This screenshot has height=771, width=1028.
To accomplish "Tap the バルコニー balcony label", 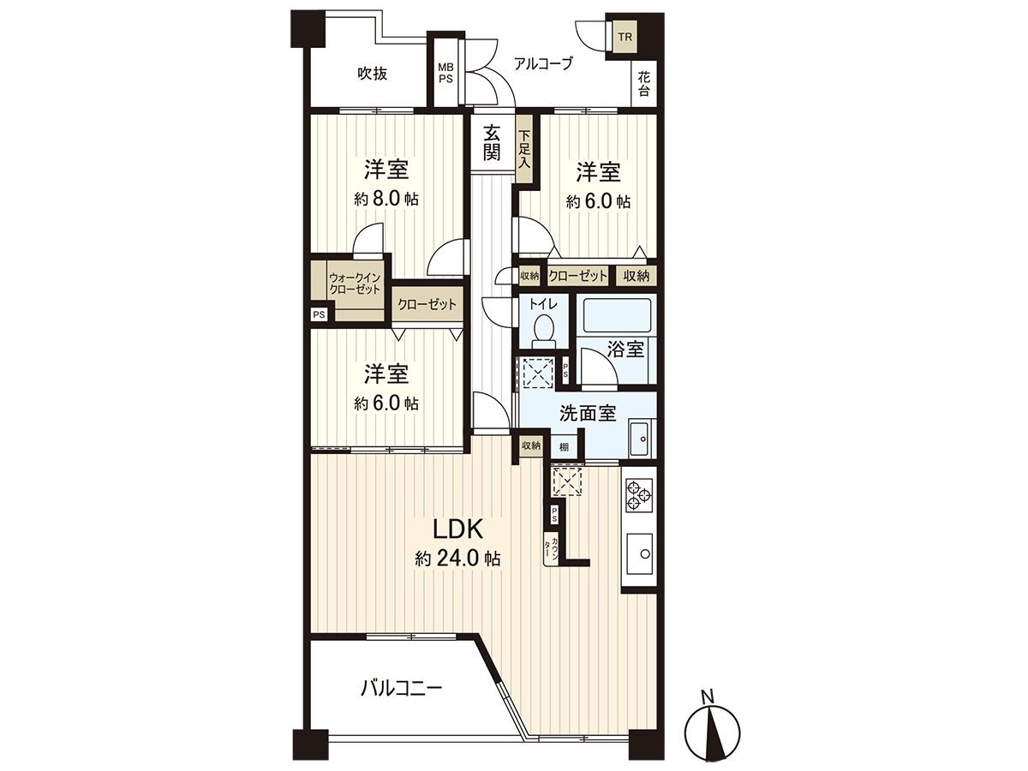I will (x=401, y=687).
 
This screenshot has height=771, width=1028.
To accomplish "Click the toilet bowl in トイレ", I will (x=543, y=329).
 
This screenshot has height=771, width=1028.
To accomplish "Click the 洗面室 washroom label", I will (x=588, y=413).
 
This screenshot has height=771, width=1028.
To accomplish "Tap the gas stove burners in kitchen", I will (x=639, y=494).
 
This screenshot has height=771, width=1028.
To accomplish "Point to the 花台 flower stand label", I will (x=643, y=83).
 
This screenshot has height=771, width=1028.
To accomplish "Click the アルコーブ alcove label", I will (x=542, y=63).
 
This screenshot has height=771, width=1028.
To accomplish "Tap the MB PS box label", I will (x=445, y=73).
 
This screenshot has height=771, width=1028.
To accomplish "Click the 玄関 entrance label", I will (x=491, y=143).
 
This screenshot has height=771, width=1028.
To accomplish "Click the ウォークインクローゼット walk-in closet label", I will (x=355, y=284).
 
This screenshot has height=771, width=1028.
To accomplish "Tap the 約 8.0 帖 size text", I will (x=387, y=200).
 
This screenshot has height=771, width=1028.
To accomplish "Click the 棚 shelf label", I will (x=564, y=445).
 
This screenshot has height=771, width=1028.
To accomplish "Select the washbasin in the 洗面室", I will (x=639, y=439).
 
